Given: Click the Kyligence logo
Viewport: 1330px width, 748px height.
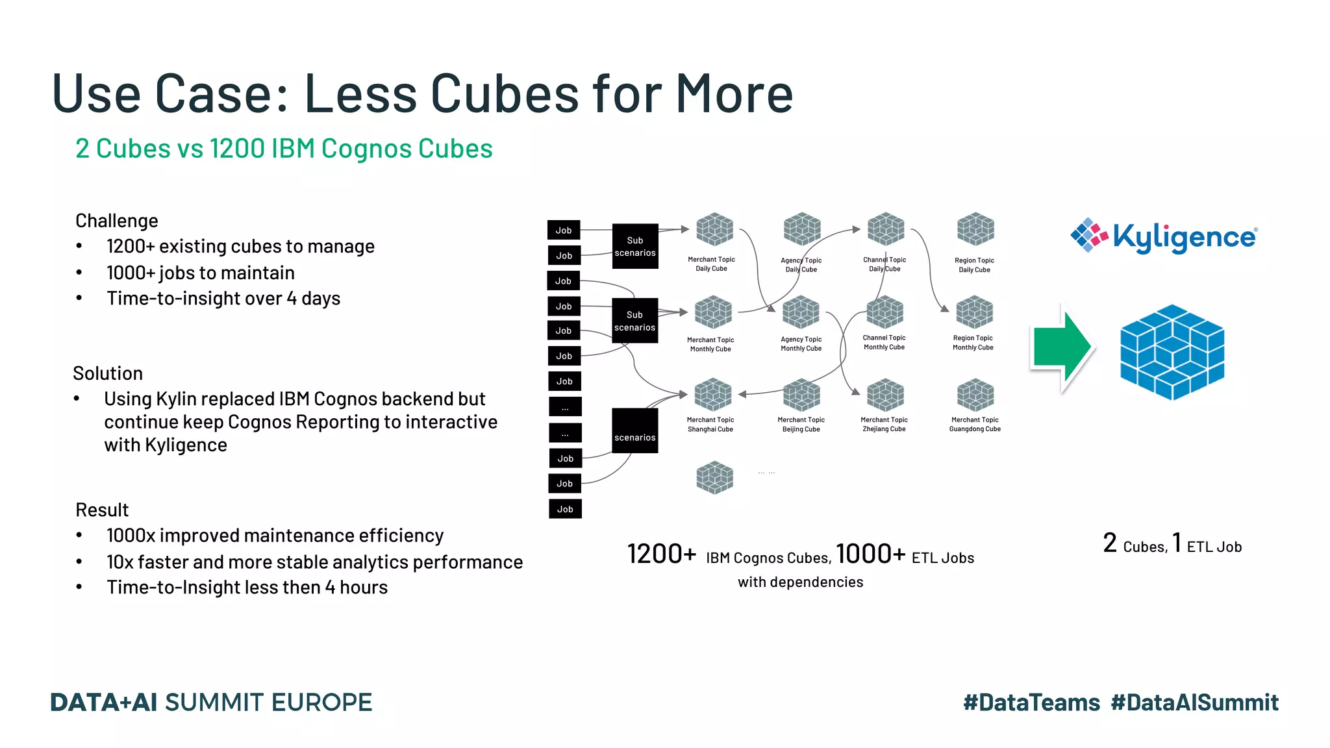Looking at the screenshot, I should tap(1164, 236).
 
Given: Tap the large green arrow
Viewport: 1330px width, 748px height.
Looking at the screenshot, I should tap(1062, 348).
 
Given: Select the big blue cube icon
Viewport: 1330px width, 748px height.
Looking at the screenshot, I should tap(1172, 352).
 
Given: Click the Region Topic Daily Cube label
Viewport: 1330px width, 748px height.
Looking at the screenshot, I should tap(974, 265).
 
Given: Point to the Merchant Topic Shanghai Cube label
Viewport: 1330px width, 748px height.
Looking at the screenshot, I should tap(710, 425).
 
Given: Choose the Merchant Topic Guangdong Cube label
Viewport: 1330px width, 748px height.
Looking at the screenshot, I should tap(975, 425).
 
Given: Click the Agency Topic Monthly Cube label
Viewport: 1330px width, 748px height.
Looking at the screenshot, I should tap(801, 344).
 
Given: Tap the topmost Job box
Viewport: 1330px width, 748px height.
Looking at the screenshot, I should tap(564, 231).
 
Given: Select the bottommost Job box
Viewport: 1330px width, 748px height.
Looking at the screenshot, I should tap(565, 509).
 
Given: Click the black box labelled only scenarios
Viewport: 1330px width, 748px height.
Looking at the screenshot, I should tap(635, 431).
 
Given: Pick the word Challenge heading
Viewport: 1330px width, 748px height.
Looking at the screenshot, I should tap(117, 221).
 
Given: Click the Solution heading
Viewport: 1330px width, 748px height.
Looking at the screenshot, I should tap(108, 373).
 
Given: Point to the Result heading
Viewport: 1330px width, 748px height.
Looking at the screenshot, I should tap(102, 510).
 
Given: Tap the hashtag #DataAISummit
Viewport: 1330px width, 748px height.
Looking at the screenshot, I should tap(1194, 703).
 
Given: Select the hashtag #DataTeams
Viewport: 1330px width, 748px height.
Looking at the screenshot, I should tap(1031, 703).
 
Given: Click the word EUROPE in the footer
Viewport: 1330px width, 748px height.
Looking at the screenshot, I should tap(321, 703).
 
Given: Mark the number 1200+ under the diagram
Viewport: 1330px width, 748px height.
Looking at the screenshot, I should tap(662, 554).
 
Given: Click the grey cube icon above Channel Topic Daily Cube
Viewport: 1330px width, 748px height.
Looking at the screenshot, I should tap(886, 229).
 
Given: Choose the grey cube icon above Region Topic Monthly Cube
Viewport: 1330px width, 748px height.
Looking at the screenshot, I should tap(974, 312).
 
